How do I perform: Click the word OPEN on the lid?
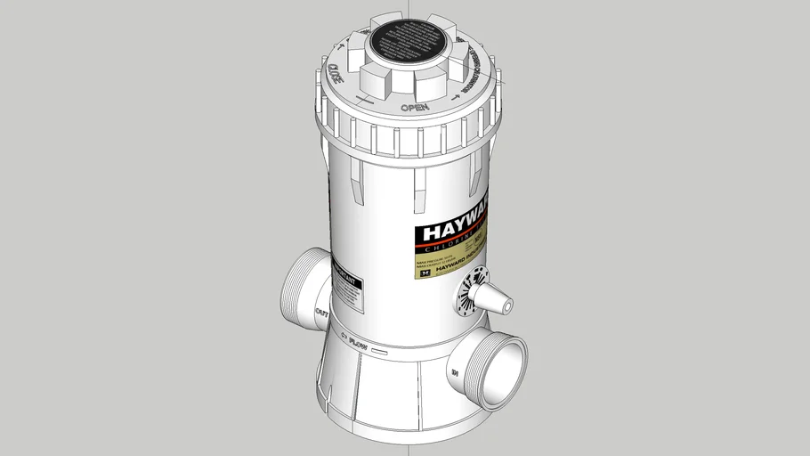(415, 108)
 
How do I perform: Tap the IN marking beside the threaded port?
(455, 372)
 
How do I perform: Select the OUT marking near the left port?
(322, 312)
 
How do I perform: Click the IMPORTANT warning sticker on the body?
(348, 286)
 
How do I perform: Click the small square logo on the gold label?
(425, 274)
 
